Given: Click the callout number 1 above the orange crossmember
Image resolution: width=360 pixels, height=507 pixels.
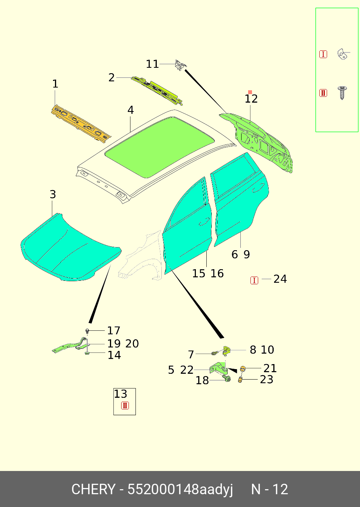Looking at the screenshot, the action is click(55, 84).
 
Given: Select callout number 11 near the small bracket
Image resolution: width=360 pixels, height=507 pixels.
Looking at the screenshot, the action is click(153, 64).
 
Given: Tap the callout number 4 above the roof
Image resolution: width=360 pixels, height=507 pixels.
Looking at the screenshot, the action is click(131, 110).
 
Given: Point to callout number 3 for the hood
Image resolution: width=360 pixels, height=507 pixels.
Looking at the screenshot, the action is click(53, 194).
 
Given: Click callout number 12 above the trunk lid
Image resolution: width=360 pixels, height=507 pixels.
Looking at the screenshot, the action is click(251, 99).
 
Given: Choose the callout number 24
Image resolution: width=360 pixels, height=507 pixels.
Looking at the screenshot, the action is click(280, 279).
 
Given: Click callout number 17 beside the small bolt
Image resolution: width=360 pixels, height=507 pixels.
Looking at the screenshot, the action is click(114, 330).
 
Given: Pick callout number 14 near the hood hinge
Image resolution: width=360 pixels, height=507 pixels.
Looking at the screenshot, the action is click(114, 355).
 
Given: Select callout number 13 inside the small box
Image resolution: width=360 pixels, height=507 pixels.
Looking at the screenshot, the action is click(120, 394).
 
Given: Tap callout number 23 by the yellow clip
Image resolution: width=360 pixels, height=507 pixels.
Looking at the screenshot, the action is click(267, 379).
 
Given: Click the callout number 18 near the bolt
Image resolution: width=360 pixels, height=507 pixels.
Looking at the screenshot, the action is click(202, 380).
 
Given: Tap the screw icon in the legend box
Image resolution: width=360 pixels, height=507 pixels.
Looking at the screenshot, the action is click(342, 93).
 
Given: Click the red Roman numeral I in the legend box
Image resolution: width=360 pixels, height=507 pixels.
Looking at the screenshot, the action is click(323, 54).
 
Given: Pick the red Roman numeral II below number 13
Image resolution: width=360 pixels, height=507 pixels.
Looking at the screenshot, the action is click(125, 406).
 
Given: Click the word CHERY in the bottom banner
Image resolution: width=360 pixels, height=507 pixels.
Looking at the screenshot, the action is click(93, 489).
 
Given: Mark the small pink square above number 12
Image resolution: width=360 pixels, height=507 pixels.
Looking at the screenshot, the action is click(250, 92).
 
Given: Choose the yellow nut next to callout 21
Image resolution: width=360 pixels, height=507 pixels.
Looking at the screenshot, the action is click(243, 368).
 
